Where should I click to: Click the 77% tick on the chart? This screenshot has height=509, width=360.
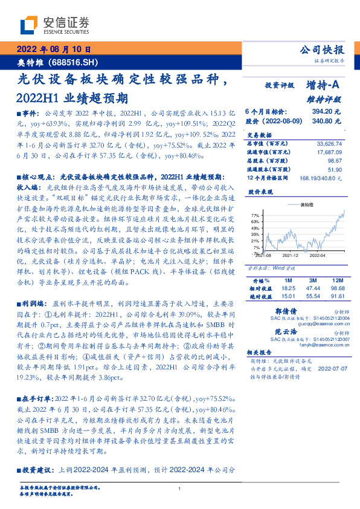pos(256,215)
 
